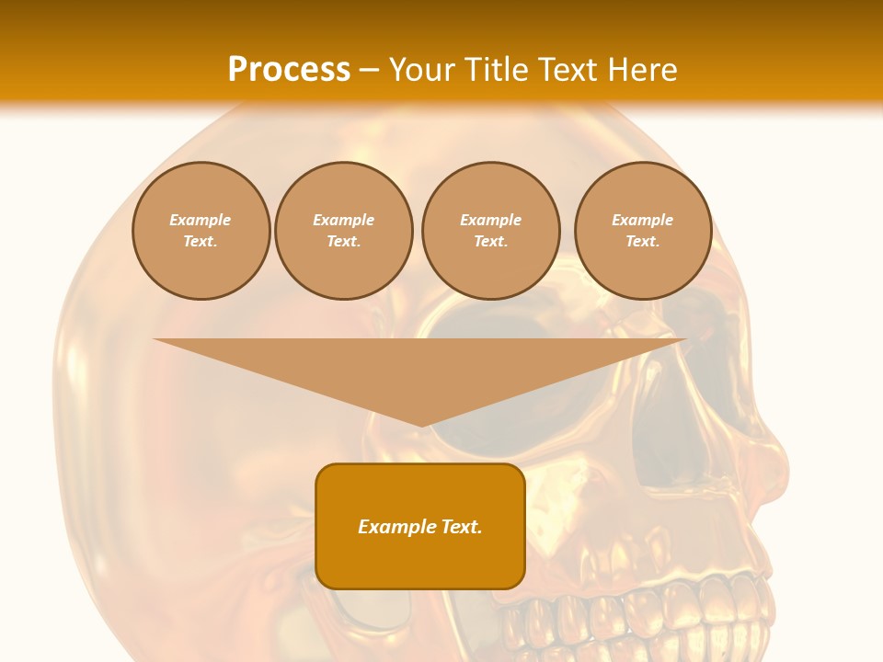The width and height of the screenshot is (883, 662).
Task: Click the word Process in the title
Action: [x=289, y=70]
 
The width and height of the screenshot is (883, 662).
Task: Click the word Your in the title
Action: [x=420, y=70]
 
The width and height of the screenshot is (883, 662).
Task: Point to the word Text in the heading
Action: [x=566, y=70]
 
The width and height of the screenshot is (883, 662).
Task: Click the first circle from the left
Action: [x=201, y=231]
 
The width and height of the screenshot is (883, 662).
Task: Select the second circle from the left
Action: [x=344, y=231]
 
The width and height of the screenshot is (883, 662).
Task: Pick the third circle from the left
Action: [x=491, y=231]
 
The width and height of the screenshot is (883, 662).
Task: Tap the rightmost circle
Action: [x=643, y=231]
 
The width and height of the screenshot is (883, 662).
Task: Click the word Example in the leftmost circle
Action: [x=201, y=220]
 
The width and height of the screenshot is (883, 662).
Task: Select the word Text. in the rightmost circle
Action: [x=643, y=242]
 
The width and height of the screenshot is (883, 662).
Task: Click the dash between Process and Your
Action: [x=370, y=70]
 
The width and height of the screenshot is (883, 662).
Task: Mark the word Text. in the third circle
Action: [x=491, y=242]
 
